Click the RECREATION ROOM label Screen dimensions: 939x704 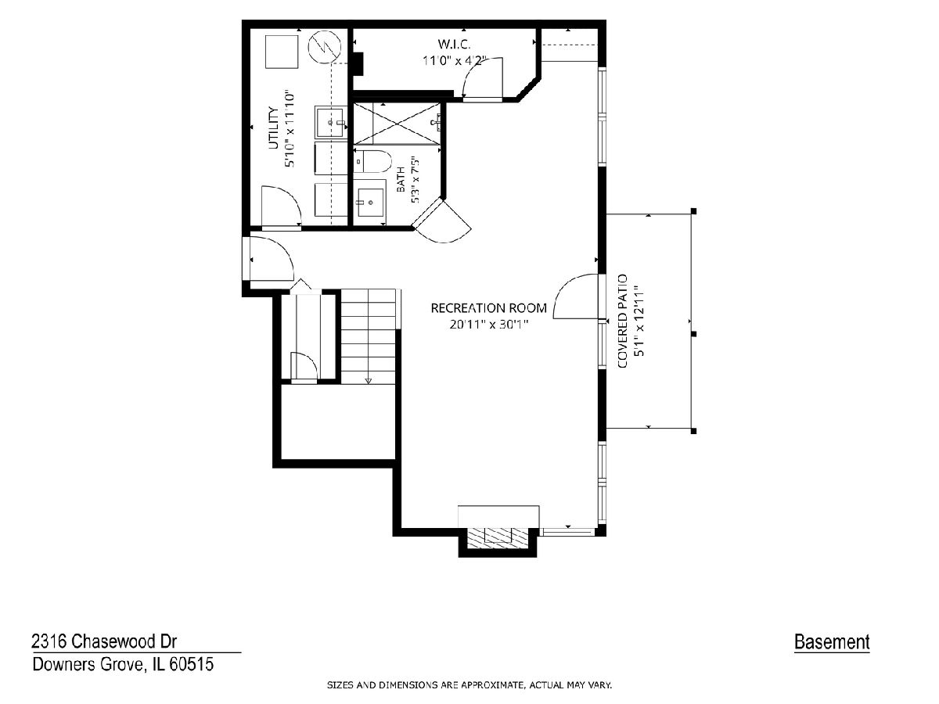coord(488,308)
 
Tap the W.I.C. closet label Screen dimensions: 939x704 coord(454,44)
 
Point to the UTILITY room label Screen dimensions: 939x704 coord(273,128)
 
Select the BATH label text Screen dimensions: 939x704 coord(401,179)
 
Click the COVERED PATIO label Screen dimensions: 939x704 coord(622,321)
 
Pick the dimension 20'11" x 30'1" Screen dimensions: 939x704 coord(489,325)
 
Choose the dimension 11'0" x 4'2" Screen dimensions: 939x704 coord(455,61)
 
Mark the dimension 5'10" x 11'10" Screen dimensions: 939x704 coord(290,128)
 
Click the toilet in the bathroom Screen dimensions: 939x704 coord(372,161)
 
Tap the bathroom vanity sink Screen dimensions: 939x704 coord(370,202)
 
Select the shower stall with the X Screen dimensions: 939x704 coord(397,124)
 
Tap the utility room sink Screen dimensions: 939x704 coord(331,123)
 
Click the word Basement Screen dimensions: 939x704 coord(832,641)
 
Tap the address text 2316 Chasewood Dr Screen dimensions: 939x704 coord(104,641)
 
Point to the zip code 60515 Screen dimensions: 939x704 coord(192,664)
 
